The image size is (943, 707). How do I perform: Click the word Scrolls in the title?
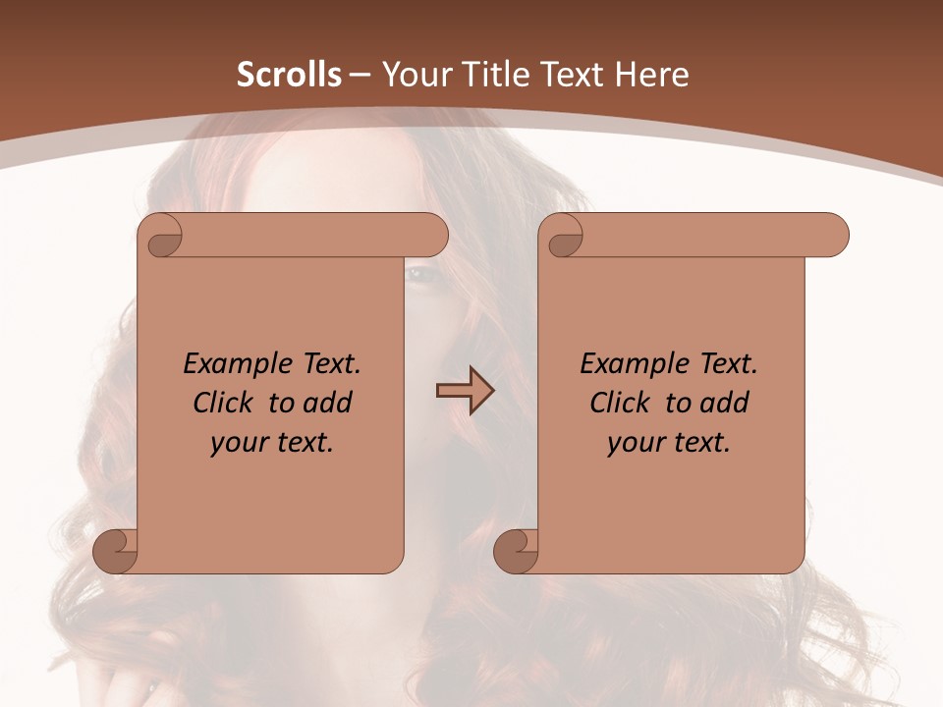click(x=289, y=75)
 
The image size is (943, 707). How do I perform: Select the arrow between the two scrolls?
click(x=465, y=391)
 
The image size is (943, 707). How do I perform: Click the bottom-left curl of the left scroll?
click(x=115, y=550)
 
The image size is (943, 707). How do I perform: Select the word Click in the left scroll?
click(x=214, y=403)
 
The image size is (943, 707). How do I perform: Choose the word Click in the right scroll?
click(x=611, y=403)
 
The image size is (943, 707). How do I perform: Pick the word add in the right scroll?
click(x=725, y=403)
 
